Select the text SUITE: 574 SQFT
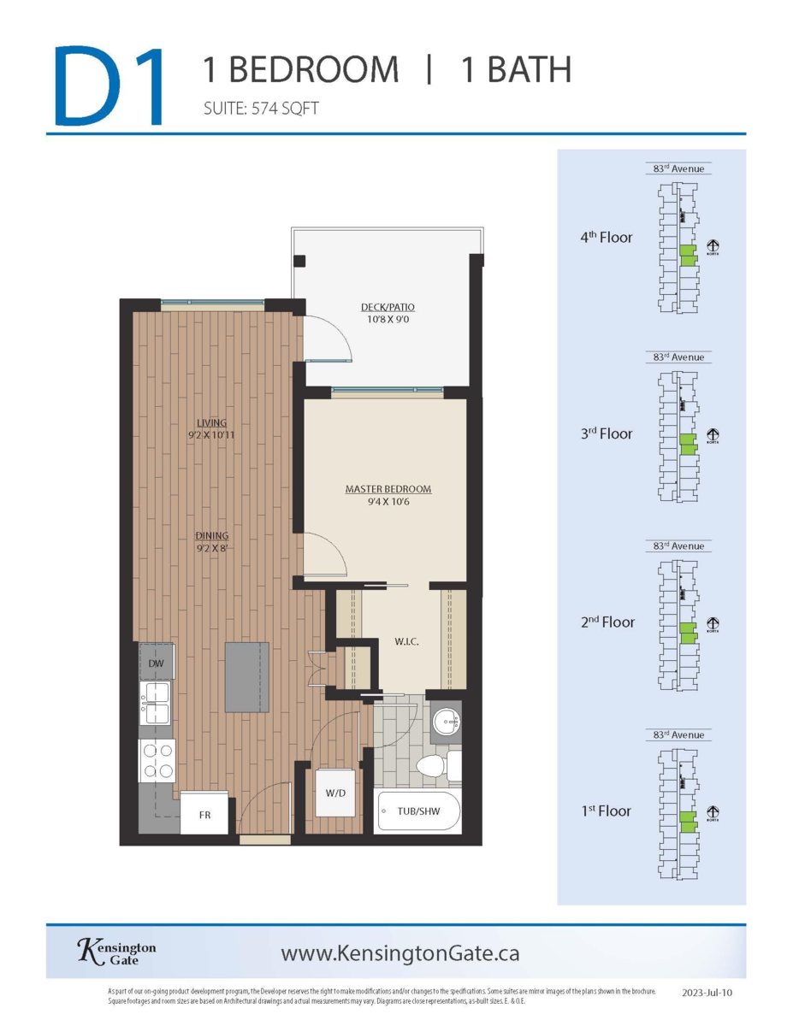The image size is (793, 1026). [261, 109]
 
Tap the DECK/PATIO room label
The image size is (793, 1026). [388, 307]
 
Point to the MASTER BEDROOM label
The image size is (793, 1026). [388, 489]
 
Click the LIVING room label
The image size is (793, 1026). [211, 422]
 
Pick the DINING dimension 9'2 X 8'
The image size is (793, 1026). [211, 549]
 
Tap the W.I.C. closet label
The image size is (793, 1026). [405, 640]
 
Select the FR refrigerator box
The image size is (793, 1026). [205, 815]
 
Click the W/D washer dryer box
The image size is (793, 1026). [335, 793]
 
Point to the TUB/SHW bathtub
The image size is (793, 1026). [418, 811]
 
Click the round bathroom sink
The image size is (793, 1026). [445, 719]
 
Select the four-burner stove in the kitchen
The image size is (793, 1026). [157, 760]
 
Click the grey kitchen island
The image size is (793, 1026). [247, 676]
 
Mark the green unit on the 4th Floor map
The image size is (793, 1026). [687, 256]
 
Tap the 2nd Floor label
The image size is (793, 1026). [607, 622]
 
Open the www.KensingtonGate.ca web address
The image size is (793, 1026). [399, 952]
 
